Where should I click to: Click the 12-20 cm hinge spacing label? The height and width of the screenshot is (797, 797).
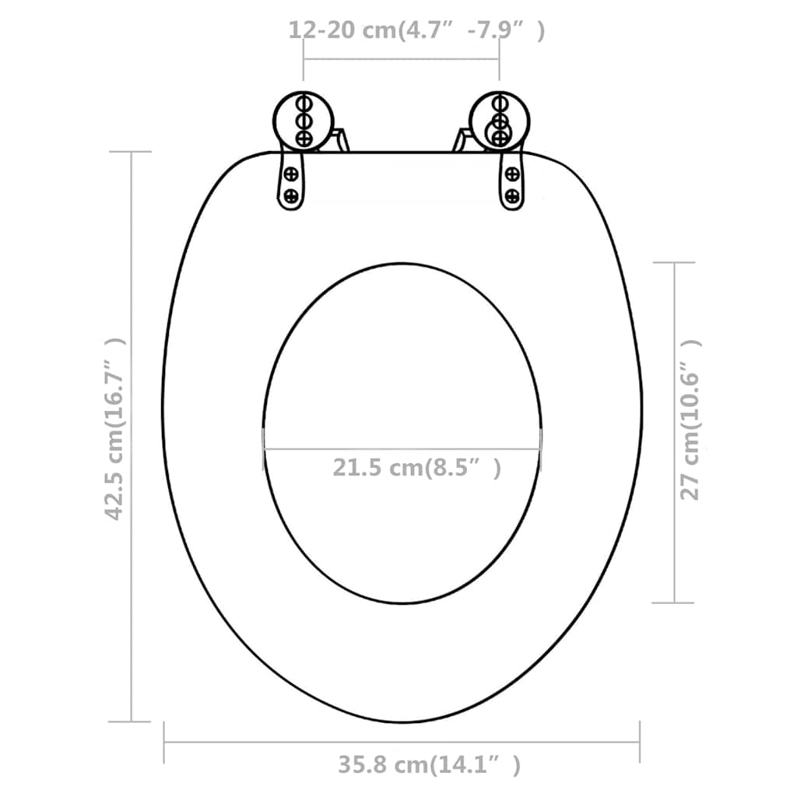[416, 30]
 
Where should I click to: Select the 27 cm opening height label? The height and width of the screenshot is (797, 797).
[690, 420]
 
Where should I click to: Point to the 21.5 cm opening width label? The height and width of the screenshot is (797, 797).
[416, 469]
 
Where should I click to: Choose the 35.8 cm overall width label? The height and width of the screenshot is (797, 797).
[429, 765]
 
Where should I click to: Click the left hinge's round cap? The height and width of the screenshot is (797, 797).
[304, 121]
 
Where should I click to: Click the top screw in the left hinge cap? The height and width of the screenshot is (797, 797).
[304, 103]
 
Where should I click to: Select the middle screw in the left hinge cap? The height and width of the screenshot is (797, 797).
[304, 121]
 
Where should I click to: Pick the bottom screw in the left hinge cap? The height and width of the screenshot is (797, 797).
[304, 139]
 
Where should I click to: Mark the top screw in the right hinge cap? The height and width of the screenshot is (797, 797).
[500, 103]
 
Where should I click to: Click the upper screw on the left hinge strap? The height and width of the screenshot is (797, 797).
[291, 174]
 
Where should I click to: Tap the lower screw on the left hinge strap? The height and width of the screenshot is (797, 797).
[291, 195]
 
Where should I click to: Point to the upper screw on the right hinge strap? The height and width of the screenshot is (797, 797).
[512, 174]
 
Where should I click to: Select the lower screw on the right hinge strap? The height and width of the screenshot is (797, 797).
[512, 195]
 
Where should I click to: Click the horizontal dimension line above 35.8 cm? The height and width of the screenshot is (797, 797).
[402, 742]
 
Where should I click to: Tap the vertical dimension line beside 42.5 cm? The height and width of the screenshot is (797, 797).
[131, 436]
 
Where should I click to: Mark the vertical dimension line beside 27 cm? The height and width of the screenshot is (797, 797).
[673, 432]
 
